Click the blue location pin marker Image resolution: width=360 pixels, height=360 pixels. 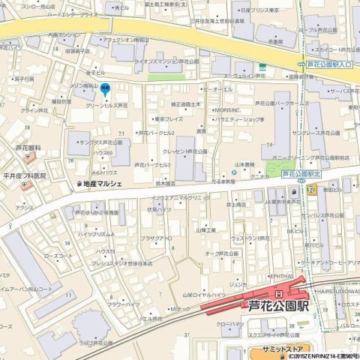coord(106,90)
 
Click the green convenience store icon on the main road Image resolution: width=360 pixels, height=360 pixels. coord(262,66)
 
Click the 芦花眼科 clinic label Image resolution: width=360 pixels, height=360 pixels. coord(28,148)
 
